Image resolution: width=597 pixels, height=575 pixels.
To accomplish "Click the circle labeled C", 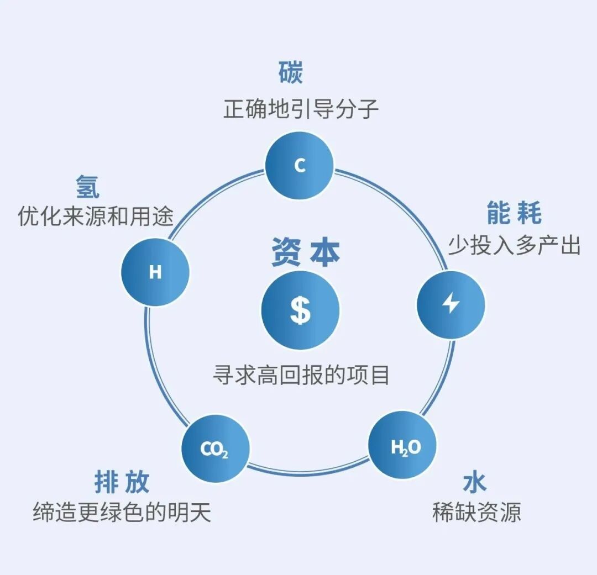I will pos(300,165).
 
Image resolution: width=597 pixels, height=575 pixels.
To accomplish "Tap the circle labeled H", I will pos(155,272).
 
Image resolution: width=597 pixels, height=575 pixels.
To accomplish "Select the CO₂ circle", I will pos(215,449).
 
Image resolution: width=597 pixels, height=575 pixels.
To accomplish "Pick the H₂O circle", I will pos(403,446).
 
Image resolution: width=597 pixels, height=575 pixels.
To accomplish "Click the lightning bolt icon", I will pos(451,304).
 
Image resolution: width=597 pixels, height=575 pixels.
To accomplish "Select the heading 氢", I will pos(88,187).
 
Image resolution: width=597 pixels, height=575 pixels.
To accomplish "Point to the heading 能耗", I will pos(514,213).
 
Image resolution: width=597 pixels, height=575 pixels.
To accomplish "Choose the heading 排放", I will pos(122,482).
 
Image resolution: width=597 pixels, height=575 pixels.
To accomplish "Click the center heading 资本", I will pos(305,252).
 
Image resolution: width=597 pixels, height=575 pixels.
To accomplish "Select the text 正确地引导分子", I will pos(301,108).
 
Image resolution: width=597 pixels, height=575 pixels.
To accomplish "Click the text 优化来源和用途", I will pos(96,215).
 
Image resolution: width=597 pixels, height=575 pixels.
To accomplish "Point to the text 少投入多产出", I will pos(514,244).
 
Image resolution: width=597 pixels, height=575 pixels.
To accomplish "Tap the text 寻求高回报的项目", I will pos(301,375).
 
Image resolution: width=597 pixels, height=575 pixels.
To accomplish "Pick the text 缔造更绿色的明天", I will pos(122,512).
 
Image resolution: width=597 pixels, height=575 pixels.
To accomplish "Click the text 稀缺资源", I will pos(476,512).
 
